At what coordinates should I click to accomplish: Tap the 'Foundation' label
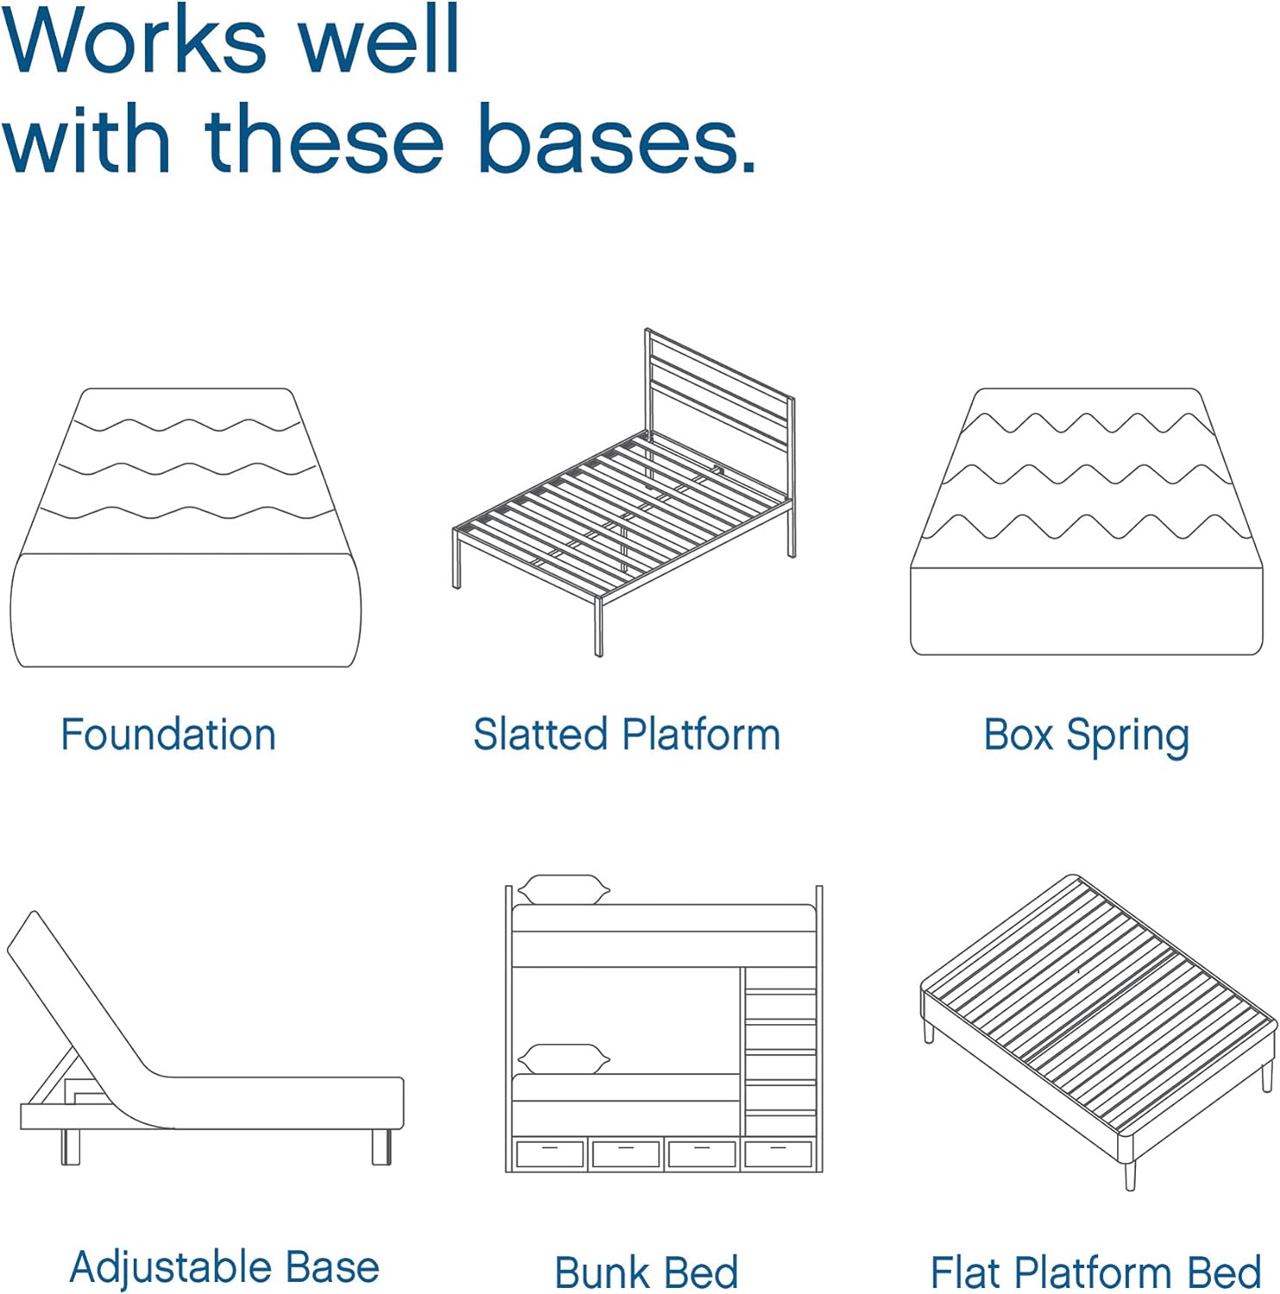pos(168,735)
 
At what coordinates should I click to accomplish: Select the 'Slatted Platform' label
pos(627,735)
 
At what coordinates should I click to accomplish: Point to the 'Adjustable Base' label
pos(224,1268)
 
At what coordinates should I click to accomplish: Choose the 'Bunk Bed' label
pos(647,1272)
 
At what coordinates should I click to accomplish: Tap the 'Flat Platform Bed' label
pos(1095,1272)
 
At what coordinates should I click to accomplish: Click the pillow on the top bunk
pos(563,890)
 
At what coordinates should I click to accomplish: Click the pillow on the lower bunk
pos(563,1059)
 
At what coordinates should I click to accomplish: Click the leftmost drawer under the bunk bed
pos(550,1153)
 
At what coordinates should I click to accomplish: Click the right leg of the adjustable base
pos(381,1146)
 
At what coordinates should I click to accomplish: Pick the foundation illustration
pos(185,527)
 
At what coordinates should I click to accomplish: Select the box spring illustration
pos(1087,522)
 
